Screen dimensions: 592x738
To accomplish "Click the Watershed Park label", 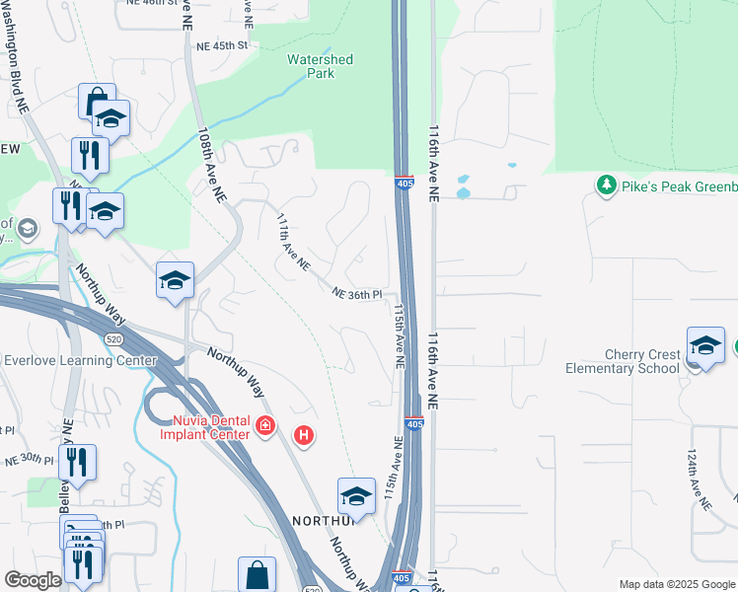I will [320, 66].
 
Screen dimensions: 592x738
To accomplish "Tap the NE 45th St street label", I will [221, 45].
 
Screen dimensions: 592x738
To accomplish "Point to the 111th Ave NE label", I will [293, 243].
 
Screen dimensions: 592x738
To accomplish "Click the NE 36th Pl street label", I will [356, 294].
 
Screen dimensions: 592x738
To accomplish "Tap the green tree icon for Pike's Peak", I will [606, 185].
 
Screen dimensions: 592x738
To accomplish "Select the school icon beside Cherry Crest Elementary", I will [705, 345].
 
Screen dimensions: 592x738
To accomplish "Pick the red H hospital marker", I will [305, 434].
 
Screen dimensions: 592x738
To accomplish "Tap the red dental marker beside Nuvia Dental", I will [263, 426].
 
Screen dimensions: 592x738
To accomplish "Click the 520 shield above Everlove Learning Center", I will [114, 337].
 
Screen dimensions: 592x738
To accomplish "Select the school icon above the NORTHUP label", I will [356, 495].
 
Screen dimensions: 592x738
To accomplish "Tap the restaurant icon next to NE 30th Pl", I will [77, 462].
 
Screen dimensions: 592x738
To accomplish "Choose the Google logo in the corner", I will [34, 580].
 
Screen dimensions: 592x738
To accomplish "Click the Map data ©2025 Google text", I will [678, 584].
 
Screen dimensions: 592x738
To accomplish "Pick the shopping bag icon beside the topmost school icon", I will [96, 102].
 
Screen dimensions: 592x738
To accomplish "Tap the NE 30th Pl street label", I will [30, 460].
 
